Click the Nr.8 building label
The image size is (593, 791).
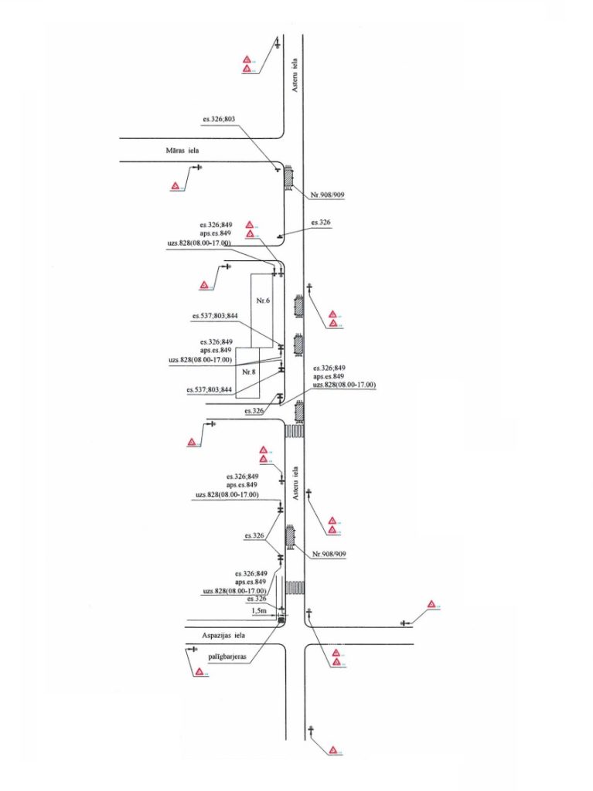click(248, 372)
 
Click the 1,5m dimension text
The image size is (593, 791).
click(260, 610)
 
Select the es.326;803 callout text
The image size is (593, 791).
click(219, 120)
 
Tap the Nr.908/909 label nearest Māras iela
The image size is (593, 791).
click(327, 195)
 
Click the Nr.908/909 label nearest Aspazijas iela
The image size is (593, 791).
click(329, 554)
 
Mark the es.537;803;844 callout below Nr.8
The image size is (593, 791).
click(210, 390)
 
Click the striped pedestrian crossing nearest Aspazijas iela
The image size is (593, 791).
click(294, 588)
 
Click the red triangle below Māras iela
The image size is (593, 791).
click(176, 185)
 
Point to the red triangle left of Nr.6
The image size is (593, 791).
click(204, 286)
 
